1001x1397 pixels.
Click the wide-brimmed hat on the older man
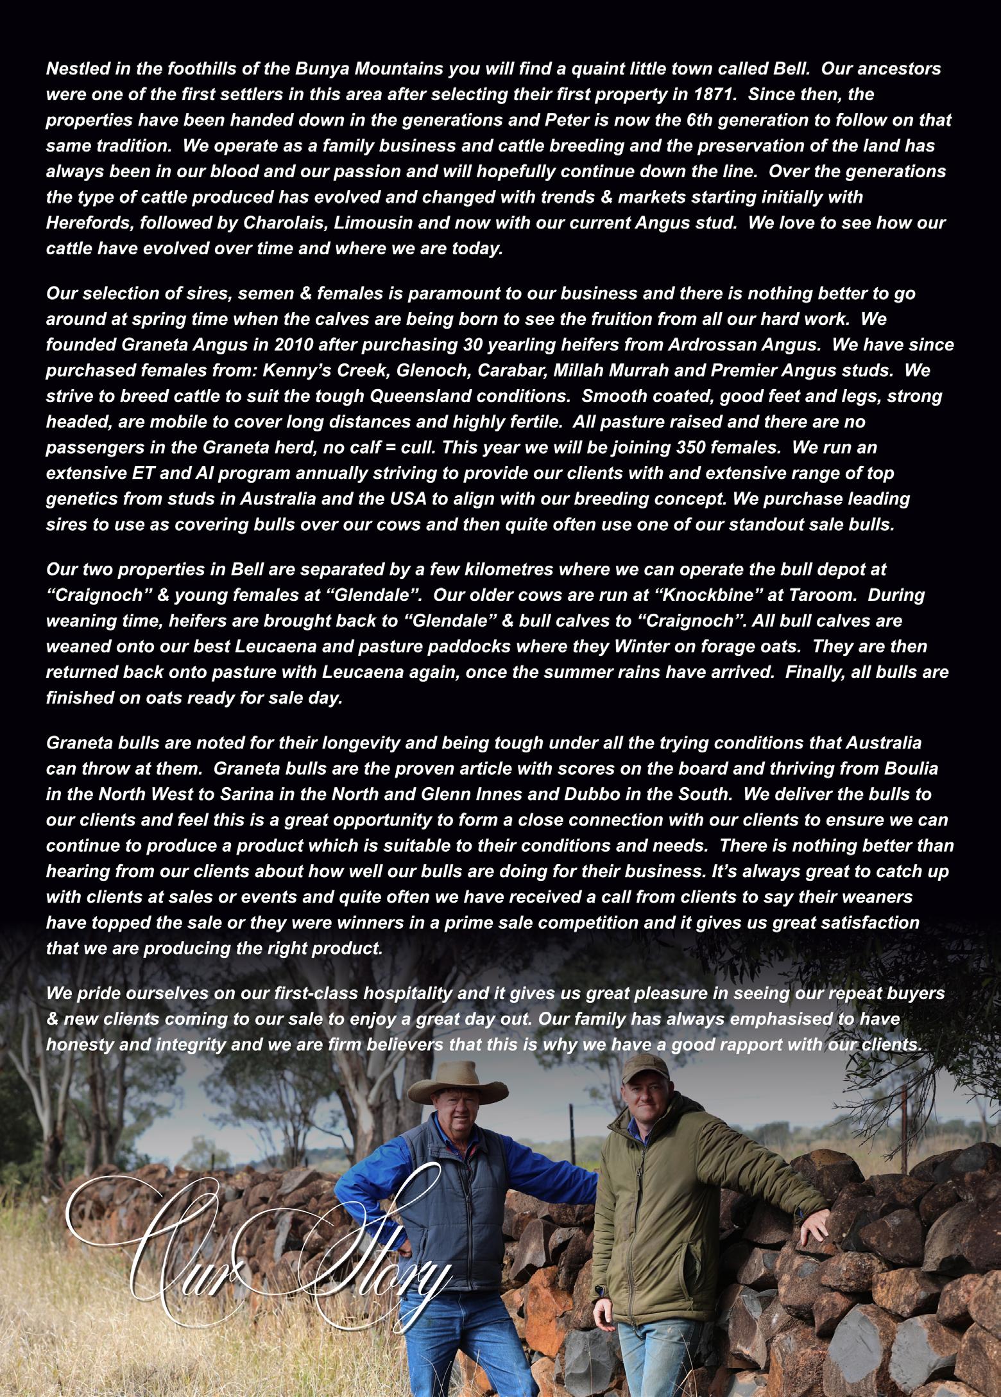tap(457, 1084)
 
